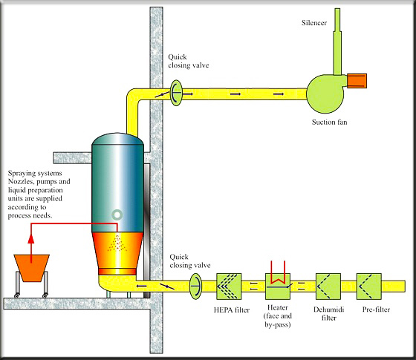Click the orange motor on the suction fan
(357, 79)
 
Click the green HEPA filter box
(231, 286)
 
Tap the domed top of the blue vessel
(117, 141)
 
